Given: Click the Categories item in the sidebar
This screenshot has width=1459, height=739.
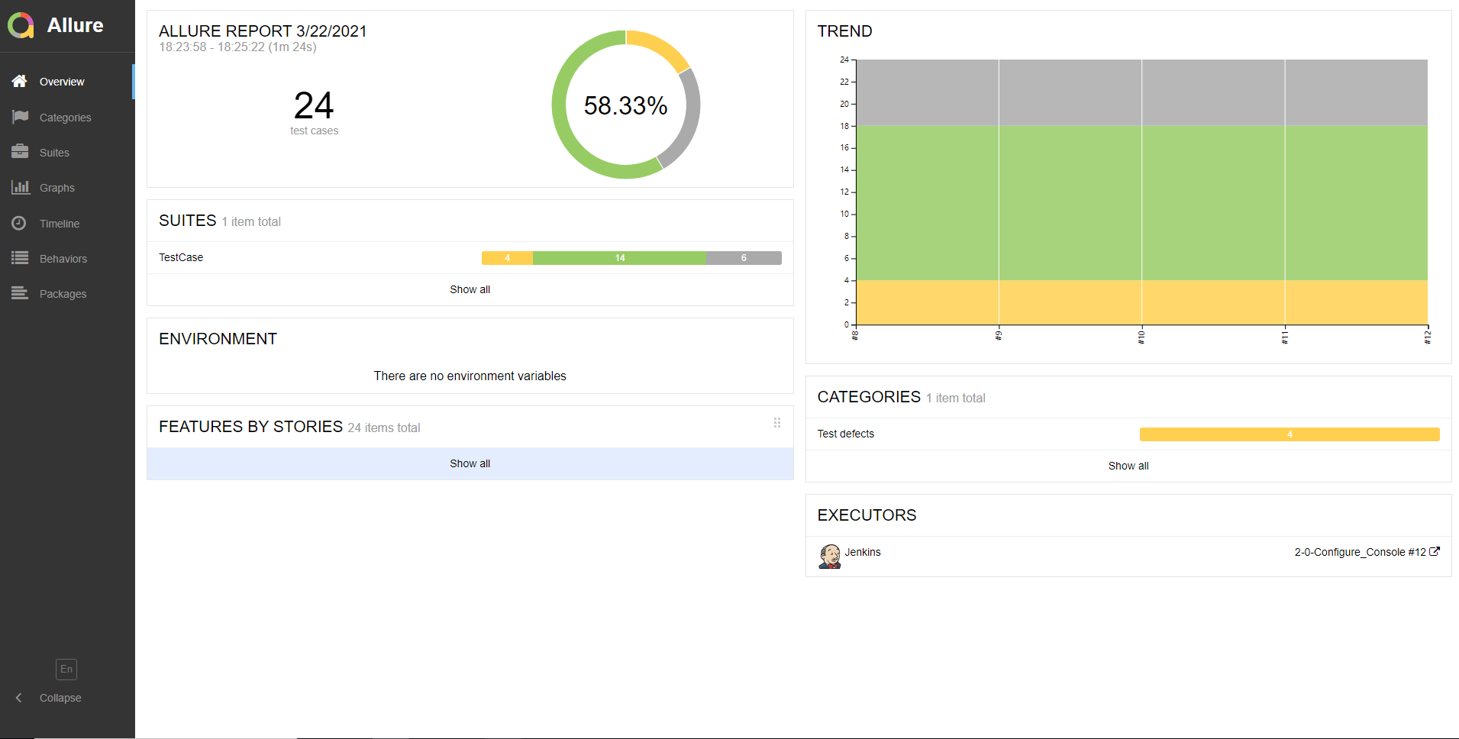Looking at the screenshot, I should point(65,118).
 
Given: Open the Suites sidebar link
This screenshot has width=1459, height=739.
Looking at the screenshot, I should point(54,153).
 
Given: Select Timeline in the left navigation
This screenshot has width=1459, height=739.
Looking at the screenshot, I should point(59,224).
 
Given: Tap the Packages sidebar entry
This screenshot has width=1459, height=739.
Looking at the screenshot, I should point(63,294).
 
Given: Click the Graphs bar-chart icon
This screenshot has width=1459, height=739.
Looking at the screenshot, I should point(21,187).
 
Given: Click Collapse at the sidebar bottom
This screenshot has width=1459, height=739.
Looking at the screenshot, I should point(60,698).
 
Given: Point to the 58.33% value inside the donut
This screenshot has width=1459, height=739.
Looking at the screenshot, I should point(625,105).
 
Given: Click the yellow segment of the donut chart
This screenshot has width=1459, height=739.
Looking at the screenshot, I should point(658,46).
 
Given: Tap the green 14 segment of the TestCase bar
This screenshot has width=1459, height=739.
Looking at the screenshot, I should point(619,258).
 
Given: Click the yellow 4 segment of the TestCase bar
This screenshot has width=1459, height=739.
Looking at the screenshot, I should point(507,258).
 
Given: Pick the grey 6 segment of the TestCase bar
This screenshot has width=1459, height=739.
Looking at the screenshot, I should point(744,258).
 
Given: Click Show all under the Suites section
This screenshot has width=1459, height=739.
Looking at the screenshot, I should point(470,289).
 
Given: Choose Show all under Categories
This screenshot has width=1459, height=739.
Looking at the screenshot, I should point(1128,466).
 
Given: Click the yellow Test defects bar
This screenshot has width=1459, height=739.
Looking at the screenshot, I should point(1289,434).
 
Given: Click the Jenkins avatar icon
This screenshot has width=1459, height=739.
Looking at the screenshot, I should point(829,556).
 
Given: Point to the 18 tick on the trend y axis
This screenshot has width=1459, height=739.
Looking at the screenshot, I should point(844,126).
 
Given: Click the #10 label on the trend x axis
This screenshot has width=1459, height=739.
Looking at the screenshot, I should point(1141,337).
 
